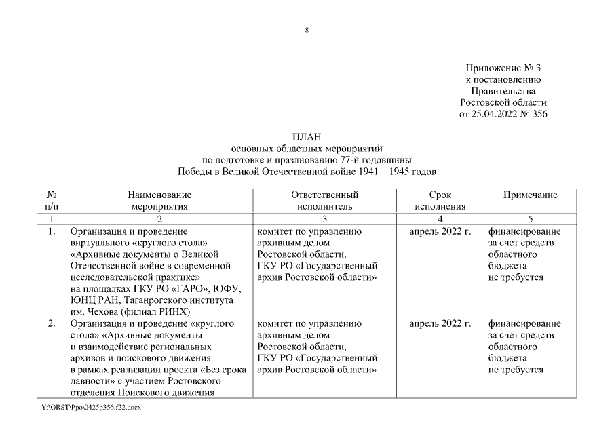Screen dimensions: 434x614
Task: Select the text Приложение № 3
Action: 503,68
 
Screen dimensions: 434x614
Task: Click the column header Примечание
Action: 530,195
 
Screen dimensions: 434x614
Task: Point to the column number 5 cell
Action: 530,218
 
